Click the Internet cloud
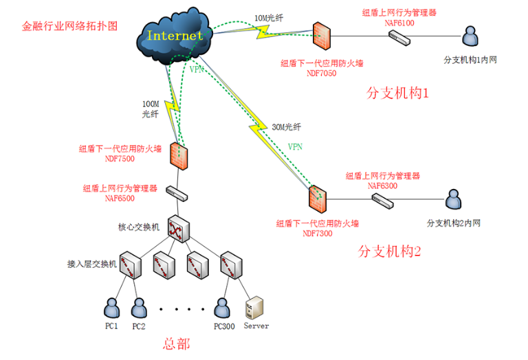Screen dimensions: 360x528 [175, 34]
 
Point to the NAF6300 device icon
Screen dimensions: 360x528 [382, 200]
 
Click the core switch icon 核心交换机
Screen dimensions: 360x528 [179, 228]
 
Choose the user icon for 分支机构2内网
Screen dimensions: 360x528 [453, 200]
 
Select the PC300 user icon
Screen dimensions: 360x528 [221, 306]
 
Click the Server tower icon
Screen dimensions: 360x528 [255, 306]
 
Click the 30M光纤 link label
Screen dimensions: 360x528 [287, 127]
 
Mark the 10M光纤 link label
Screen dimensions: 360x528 [270, 17]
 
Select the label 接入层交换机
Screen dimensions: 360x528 [89, 263]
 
